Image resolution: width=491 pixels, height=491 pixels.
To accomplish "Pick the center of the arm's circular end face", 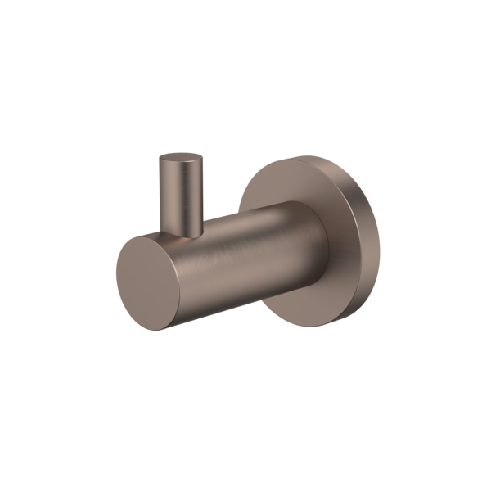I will point(148,282).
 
